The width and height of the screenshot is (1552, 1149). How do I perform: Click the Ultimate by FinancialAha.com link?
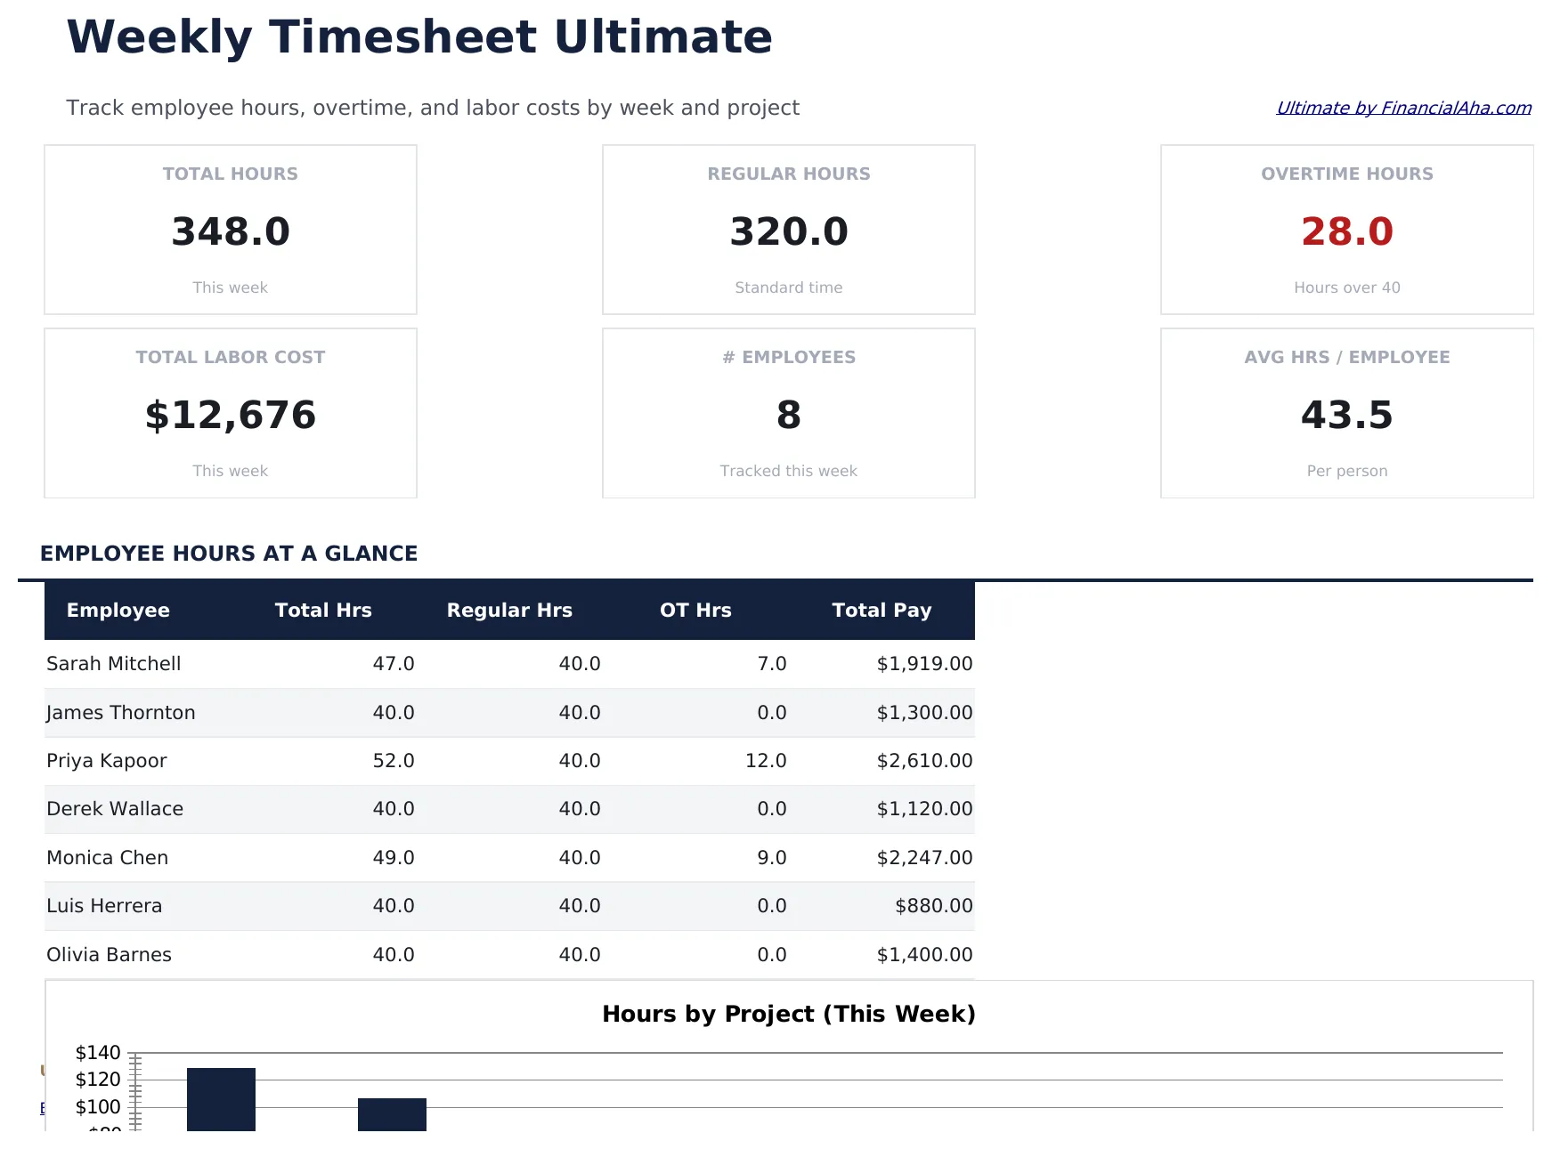(x=1403, y=108)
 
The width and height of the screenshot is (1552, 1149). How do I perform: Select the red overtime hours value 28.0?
(x=1346, y=231)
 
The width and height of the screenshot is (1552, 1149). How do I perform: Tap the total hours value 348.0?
(x=231, y=231)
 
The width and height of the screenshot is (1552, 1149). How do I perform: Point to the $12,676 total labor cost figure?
(x=231, y=415)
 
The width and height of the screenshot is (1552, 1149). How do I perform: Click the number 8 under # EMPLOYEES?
(x=788, y=415)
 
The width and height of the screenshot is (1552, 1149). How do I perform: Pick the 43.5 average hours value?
(x=1346, y=415)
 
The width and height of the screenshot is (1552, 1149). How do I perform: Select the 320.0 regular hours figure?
(x=788, y=231)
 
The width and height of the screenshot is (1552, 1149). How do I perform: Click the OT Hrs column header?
(x=695, y=611)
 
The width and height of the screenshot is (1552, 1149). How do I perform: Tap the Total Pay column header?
(x=882, y=611)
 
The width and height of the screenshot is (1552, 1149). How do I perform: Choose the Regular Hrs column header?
(x=509, y=611)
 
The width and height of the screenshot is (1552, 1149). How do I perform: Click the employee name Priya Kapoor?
(x=107, y=761)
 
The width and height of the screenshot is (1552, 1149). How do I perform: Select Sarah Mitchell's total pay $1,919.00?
(x=924, y=664)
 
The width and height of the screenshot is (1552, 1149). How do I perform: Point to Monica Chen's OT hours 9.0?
(x=772, y=858)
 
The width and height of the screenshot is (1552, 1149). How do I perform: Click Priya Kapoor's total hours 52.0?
(x=394, y=761)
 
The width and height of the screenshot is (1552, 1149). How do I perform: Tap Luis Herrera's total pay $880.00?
(x=933, y=906)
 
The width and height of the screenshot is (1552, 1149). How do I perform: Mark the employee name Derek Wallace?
(x=115, y=809)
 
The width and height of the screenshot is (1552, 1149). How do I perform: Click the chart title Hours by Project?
(x=788, y=1014)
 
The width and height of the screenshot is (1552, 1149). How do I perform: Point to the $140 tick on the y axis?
(x=98, y=1053)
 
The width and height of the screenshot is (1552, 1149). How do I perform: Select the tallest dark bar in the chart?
(x=221, y=1099)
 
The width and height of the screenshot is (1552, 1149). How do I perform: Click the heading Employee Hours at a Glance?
(x=229, y=554)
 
